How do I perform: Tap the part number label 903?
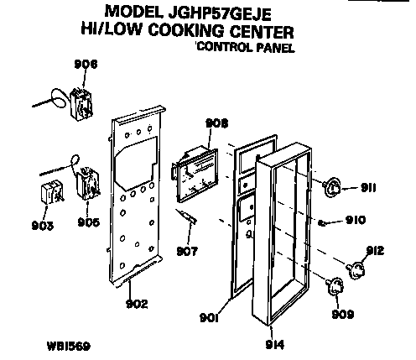[44, 225]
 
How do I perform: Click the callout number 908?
[216, 123]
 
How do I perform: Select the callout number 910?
[355, 222]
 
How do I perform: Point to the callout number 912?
[375, 249]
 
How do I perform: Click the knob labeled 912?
[358, 269]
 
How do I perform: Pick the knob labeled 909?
[338, 288]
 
